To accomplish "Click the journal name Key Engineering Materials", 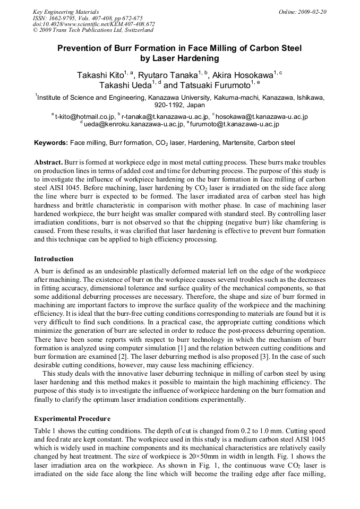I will click(66, 12).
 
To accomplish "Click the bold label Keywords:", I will click(51, 143).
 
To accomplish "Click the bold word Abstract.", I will click(48, 161).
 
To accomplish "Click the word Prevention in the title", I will click(82, 48).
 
